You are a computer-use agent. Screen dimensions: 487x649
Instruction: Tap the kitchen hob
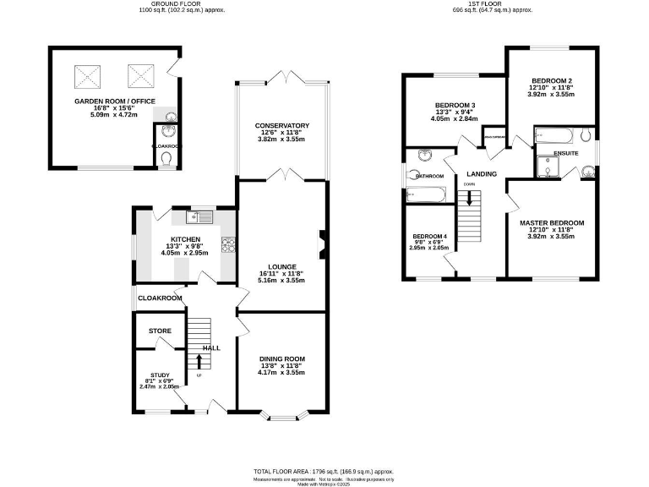pyautogui.click(x=227, y=244)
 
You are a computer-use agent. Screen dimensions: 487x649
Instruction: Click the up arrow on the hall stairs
pyautogui.click(x=199, y=362)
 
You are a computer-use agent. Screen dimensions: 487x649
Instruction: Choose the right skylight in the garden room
pyautogui.click(x=140, y=77)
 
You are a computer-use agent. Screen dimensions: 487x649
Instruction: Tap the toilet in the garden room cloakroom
pyautogui.click(x=166, y=159)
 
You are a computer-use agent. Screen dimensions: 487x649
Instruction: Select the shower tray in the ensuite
pyautogui.click(x=548, y=168)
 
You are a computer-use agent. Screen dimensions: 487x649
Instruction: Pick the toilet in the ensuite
pyautogui.click(x=586, y=134)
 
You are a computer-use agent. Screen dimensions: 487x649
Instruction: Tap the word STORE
pyautogui.click(x=161, y=331)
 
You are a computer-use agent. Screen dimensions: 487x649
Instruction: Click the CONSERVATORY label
pyautogui.click(x=282, y=126)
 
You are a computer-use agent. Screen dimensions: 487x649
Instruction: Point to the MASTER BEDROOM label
pyautogui.click(x=551, y=223)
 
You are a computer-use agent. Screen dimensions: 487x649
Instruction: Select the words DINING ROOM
pyautogui.click(x=281, y=359)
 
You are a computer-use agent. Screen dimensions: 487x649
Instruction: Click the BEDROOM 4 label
pyautogui.click(x=428, y=236)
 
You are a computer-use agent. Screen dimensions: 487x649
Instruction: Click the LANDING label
pyautogui.click(x=481, y=174)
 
